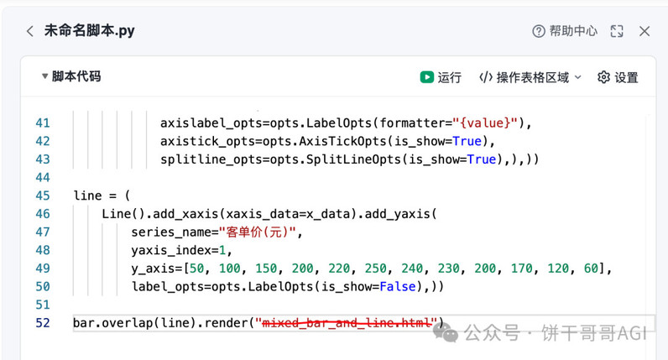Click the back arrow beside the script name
pos(30,31)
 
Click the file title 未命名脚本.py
pos(90,31)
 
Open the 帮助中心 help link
pos(565,31)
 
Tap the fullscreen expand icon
pos(617,31)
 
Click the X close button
pos(645,31)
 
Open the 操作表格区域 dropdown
pos(530,77)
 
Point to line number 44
pos(43,177)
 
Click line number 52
pos(43,323)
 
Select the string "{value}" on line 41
pos(485,123)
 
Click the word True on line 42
pos(467,141)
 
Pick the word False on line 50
pos(398,286)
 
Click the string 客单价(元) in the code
pos(257,232)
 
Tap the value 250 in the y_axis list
pos(376,269)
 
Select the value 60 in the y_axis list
pos(591,269)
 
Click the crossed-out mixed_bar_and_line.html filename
pos(347,323)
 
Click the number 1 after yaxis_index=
pos(222,251)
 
